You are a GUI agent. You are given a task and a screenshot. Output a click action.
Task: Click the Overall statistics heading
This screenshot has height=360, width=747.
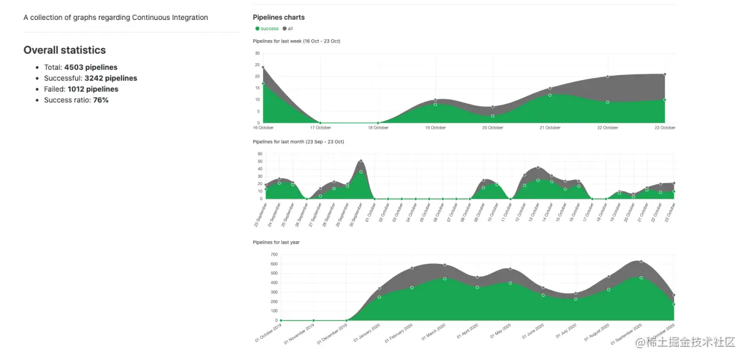pos(64,50)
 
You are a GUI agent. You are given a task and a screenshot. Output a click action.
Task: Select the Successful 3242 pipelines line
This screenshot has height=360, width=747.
pos(91,78)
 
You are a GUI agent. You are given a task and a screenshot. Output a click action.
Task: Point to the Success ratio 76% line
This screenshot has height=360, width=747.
pos(76,100)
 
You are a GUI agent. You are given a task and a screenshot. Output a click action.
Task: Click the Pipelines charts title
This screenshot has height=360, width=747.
pos(279,17)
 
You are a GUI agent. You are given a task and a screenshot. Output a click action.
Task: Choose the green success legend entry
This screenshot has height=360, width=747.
pos(268,29)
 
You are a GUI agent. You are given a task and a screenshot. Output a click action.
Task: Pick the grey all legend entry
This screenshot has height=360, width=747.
pos(288,29)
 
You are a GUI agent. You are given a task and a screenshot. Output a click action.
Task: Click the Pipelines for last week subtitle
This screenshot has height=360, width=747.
pos(296,41)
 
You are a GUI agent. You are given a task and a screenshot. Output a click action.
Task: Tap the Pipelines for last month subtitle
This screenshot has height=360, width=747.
pos(298,142)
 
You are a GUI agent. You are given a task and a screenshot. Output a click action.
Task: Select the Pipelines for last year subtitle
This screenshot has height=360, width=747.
pos(276,242)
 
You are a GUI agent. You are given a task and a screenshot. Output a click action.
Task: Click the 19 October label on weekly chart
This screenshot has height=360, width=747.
pos(435,128)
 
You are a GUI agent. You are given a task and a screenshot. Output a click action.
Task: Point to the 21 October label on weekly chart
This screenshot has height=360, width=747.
pos(550,128)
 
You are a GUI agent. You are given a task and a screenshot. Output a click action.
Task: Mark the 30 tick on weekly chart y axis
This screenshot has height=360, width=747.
pos(257,54)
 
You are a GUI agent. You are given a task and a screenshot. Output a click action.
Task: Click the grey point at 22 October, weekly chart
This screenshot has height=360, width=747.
pos(608,77)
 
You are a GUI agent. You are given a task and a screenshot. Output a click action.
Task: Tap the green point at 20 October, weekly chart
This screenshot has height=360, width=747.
pos(493,116)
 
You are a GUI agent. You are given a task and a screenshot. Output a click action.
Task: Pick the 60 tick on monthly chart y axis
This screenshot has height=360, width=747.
pos(259,154)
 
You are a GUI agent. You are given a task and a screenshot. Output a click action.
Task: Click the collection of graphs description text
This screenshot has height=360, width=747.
pos(116,17)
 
